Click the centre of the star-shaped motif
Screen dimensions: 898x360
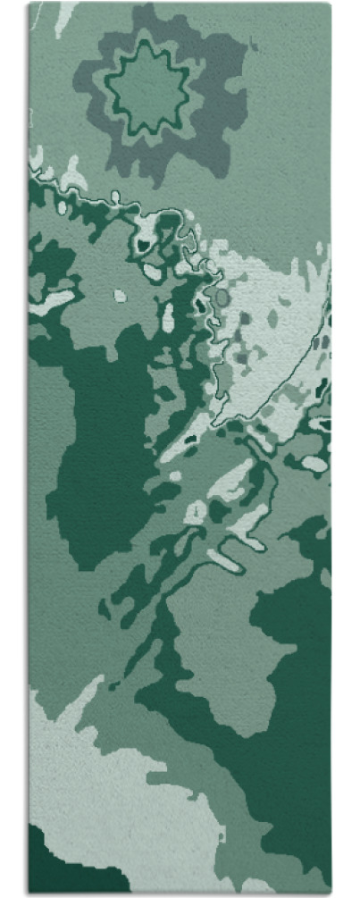[148, 86]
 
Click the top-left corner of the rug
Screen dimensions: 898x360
[29, 4]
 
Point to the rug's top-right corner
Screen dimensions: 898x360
[330, 4]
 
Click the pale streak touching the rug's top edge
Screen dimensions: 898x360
[65, 13]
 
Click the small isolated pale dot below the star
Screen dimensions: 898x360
[120, 296]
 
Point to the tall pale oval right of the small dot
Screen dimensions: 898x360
[168, 315]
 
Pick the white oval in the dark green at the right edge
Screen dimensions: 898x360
[314, 464]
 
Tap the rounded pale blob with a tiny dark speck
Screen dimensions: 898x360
[195, 512]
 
